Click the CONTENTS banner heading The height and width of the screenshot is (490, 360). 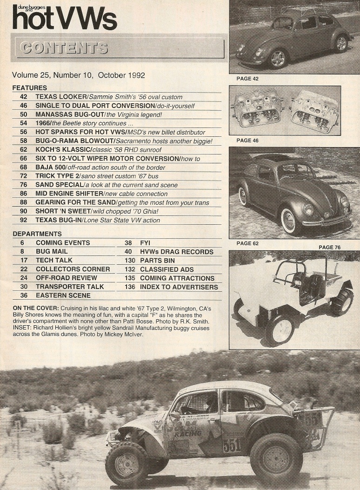(x=64, y=48)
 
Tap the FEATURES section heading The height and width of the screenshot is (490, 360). (x=30, y=87)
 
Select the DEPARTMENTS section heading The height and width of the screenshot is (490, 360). (x=37, y=234)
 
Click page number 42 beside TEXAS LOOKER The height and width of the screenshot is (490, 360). (x=24, y=97)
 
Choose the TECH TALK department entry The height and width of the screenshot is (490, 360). (x=54, y=260)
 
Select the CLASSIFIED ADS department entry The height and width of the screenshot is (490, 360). (x=167, y=269)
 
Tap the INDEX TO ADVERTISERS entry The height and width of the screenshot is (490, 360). (x=179, y=287)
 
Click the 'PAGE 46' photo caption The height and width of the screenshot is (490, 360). (x=247, y=140)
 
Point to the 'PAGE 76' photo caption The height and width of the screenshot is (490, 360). (x=330, y=247)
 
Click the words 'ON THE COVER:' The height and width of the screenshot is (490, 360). (x=36, y=309)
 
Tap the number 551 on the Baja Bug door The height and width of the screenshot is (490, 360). (x=231, y=445)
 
